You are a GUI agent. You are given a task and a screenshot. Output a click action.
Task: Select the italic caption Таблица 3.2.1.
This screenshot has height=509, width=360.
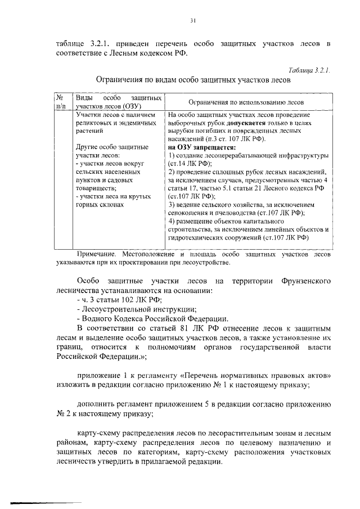coord(308,70)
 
